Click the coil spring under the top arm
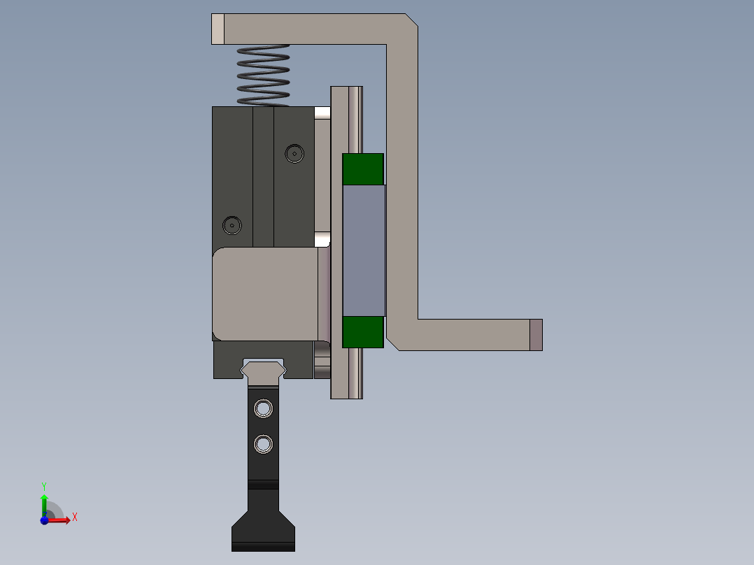point(264,76)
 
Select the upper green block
point(363,169)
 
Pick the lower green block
point(363,331)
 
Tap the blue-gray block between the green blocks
point(364,250)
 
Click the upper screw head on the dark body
point(294,154)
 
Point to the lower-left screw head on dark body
point(232,225)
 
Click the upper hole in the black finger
point(263,409)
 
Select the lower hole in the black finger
point(263,444)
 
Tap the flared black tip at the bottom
point(263,531)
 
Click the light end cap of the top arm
point(218,29)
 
